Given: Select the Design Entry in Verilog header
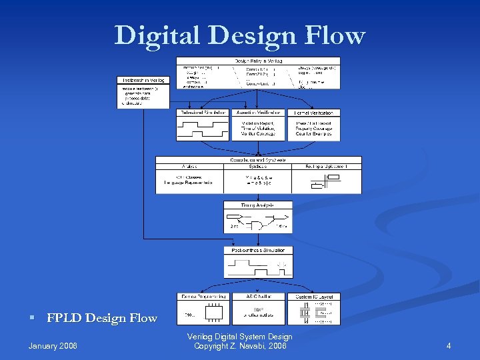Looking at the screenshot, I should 257,61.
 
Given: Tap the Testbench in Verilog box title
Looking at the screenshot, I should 143,81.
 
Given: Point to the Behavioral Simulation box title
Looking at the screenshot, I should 203,113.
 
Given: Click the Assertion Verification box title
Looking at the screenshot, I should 258,113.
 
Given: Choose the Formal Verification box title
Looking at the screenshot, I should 314,113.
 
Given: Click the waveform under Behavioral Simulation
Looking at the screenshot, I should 203,129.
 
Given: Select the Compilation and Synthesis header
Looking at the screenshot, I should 258,159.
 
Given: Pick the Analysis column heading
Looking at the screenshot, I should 189,166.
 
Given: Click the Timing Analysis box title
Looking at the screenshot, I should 257,205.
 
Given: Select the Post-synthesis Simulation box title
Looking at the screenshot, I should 258,251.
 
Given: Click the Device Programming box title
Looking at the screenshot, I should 203,296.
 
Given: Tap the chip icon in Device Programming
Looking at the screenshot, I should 214,312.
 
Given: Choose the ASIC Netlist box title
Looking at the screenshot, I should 258,296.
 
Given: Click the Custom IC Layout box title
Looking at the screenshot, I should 313,296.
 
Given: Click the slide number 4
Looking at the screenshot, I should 449,346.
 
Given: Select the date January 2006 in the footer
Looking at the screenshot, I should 53,346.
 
